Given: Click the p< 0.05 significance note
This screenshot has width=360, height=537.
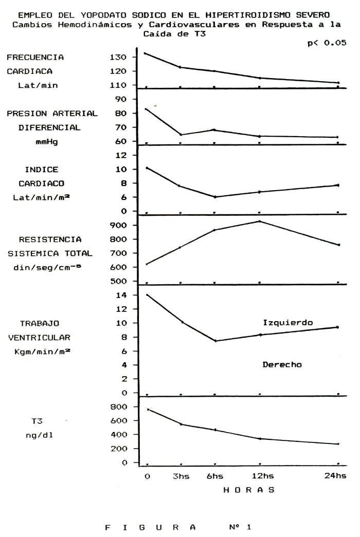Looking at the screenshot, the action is tap(327, 43).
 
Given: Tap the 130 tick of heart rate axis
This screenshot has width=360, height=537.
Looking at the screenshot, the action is tap(118, 57).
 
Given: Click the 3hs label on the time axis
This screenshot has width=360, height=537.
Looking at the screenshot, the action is tap(181, 476).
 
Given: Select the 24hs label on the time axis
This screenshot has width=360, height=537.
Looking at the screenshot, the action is tap(335, 476).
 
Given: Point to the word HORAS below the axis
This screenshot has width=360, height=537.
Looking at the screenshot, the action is tap(249, 490).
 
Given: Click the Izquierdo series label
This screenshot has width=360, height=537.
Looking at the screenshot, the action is tap(287, 323).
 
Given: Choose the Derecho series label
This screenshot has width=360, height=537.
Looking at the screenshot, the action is tap(282, 365).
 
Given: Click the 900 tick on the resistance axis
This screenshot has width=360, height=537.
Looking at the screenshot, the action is tap(118, 226).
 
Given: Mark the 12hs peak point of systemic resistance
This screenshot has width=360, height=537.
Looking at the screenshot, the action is tap(260, 221).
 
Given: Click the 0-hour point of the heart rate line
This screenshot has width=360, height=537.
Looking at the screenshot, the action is tap(145, 53).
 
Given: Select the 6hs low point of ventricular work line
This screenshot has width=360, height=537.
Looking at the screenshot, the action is tap(215, 341).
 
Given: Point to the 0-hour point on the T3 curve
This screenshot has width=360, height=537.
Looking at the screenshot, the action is tap(148, 409).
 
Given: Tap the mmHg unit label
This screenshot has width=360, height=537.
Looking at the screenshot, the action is tap(47, 142).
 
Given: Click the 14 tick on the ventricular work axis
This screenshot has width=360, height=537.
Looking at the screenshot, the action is tap(121, 295).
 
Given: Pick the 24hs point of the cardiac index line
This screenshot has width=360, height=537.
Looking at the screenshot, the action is tap(338, 185).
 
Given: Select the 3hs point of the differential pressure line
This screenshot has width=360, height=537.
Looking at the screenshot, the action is tap(181, 135).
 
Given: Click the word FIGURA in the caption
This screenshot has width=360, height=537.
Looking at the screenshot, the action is tap(150, 527).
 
